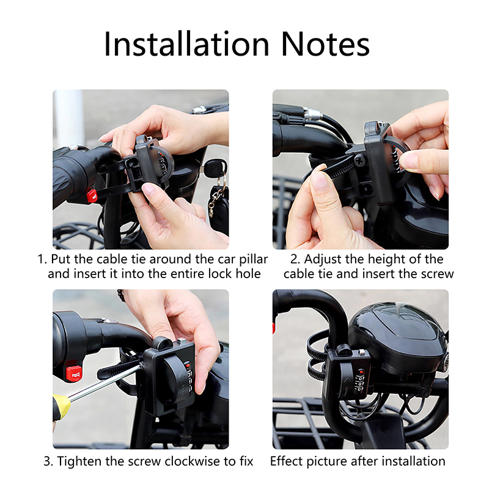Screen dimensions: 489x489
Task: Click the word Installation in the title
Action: [x=186, y=44]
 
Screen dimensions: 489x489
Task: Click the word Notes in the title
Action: [x=326, y=44]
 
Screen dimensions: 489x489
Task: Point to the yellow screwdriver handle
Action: [x=61, y=407]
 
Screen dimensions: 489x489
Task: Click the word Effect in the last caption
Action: [x=287, y=461]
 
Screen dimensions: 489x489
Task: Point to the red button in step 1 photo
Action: [x=92, y=196]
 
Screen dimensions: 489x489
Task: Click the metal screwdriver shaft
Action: [x=105, y=383]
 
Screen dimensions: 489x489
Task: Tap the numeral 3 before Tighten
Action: [x=47, y=461]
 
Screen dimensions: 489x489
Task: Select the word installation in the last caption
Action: [x=414, y=461]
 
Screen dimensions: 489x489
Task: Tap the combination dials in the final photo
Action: [x=361, y=383]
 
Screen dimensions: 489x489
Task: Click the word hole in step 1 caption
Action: [x=248, y=274]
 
